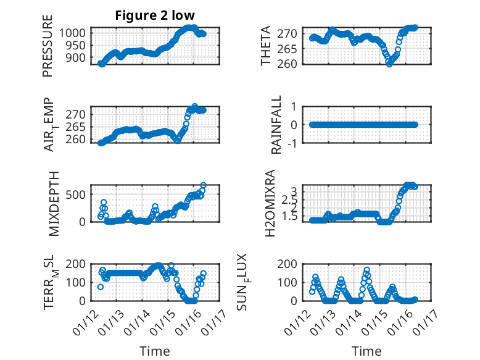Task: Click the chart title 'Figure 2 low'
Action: coord(154,16)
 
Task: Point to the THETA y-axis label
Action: coord(266,46)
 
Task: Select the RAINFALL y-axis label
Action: coord(277,125)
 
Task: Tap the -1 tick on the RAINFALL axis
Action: coord(297,143)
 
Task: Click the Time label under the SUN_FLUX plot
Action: coord(366,351)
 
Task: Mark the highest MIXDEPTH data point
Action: coord(203,185)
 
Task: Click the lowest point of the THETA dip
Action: coord(389,63)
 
